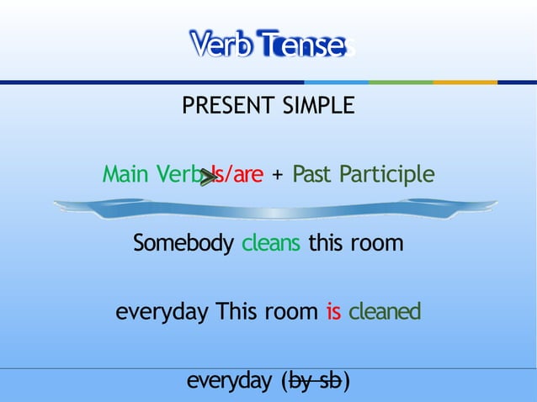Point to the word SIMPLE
click(319, 107)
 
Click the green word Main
click(126, 174)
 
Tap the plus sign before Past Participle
click(278, 175)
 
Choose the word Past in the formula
click(313, 174)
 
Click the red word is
click(333, 312)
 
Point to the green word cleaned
click(385, 312)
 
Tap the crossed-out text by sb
click(316, 382)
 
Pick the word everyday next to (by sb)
click(229, 382)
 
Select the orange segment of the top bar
click(465, 82)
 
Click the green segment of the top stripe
click(401, 82)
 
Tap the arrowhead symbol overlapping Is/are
click(207, 176)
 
